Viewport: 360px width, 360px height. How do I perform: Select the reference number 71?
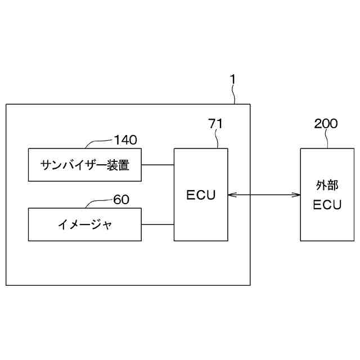215,124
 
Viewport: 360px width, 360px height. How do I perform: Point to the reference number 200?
326,124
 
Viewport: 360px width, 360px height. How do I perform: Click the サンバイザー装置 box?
84,165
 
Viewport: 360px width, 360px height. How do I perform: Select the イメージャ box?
84,224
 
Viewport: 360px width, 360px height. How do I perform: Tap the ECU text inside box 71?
201,195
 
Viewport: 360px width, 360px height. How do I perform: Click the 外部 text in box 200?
327,185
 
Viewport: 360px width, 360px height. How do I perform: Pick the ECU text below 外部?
327,205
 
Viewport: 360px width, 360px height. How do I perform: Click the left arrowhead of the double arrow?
231,195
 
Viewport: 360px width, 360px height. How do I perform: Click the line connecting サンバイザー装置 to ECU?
157,165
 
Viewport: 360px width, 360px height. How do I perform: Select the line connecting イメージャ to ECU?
157,224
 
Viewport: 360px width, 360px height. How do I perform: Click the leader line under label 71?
217,139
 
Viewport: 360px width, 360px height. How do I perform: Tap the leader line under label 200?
327,139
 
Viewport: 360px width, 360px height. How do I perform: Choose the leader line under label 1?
235,96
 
